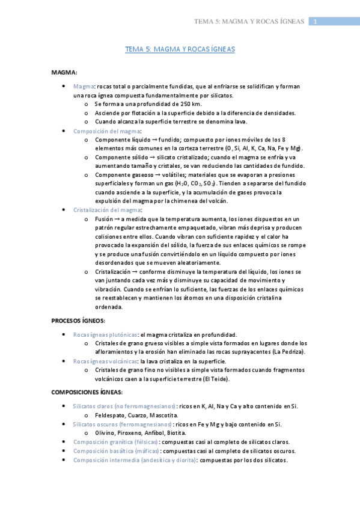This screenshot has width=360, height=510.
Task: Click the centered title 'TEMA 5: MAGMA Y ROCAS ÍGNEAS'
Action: click(180, 51)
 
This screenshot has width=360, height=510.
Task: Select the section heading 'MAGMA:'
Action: click(64, 73)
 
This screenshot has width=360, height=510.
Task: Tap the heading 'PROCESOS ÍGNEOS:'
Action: click(78, 320)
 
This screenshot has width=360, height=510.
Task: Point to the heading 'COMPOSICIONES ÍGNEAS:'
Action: click(87, 392)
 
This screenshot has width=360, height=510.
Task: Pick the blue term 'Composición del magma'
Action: click(107, 131)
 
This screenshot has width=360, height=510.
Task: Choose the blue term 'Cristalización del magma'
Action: click(108, 209)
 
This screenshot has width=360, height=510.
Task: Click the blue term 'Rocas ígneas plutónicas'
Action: click(105, 334)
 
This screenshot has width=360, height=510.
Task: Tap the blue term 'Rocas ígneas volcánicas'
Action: click(105, 361)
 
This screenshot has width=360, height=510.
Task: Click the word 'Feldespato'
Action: click(110, 415)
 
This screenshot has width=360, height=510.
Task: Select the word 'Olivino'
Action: click(105, 432)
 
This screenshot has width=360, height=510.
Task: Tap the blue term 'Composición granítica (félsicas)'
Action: click(116, 441)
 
